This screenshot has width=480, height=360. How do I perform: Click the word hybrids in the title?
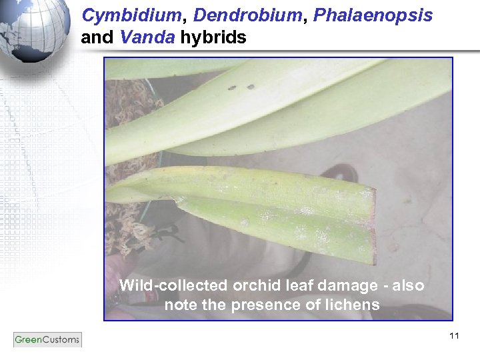(x=213, y=38)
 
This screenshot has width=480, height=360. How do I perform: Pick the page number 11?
(x=454, y=335)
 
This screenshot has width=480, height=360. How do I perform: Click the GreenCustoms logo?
(x=47, y=339)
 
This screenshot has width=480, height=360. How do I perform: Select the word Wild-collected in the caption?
(x=173, y=286)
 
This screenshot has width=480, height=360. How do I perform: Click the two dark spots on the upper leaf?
(x=241, y=87)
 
